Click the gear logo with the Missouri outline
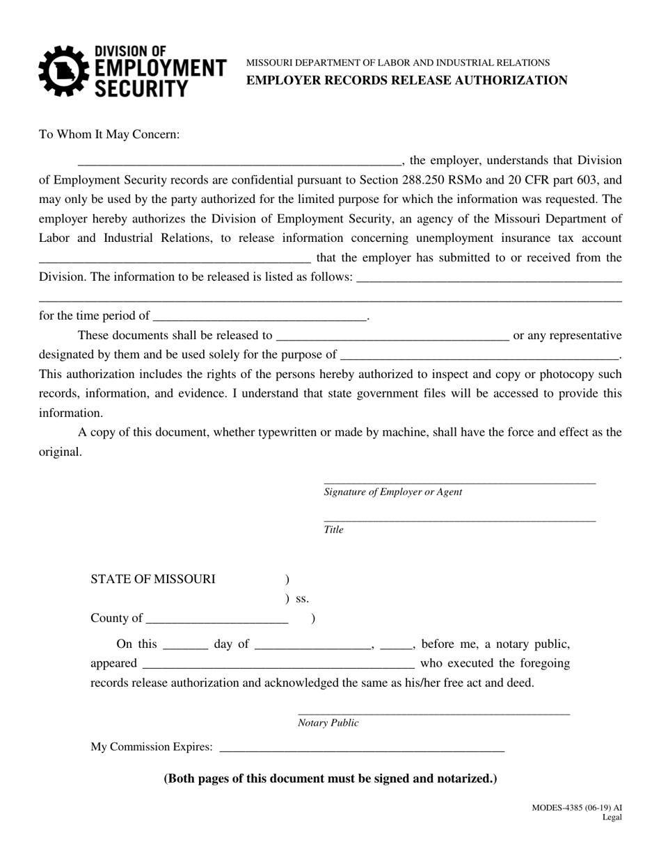63,70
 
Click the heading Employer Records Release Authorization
406,80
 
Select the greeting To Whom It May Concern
109,134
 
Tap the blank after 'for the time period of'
259,316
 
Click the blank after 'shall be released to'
392,336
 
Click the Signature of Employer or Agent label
392,492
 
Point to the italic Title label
333,530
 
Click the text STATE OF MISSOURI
153,579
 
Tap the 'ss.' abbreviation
302,598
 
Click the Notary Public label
328,723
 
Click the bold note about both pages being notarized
330,779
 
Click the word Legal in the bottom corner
612,817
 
